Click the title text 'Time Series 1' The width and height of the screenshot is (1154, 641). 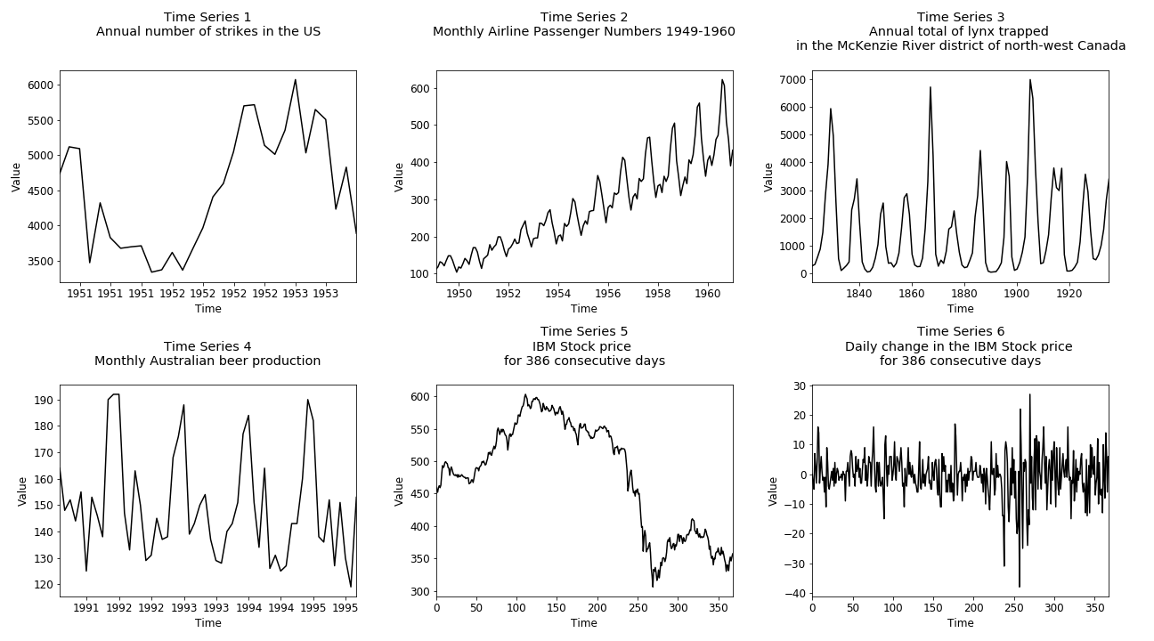pos(208,17)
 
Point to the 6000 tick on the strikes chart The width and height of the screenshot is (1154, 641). pos(39,85)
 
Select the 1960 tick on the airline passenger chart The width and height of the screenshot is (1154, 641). pos(707,293)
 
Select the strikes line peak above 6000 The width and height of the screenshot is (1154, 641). pos(296,80)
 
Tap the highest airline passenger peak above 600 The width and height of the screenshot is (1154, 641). pos(722,80)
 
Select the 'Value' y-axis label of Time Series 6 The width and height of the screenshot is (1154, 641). pos(773,491)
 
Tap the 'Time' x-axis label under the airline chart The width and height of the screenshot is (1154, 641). pos(584,309)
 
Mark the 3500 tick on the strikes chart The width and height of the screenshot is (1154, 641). pos(39,262)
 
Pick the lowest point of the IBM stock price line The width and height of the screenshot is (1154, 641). pos(652,586)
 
